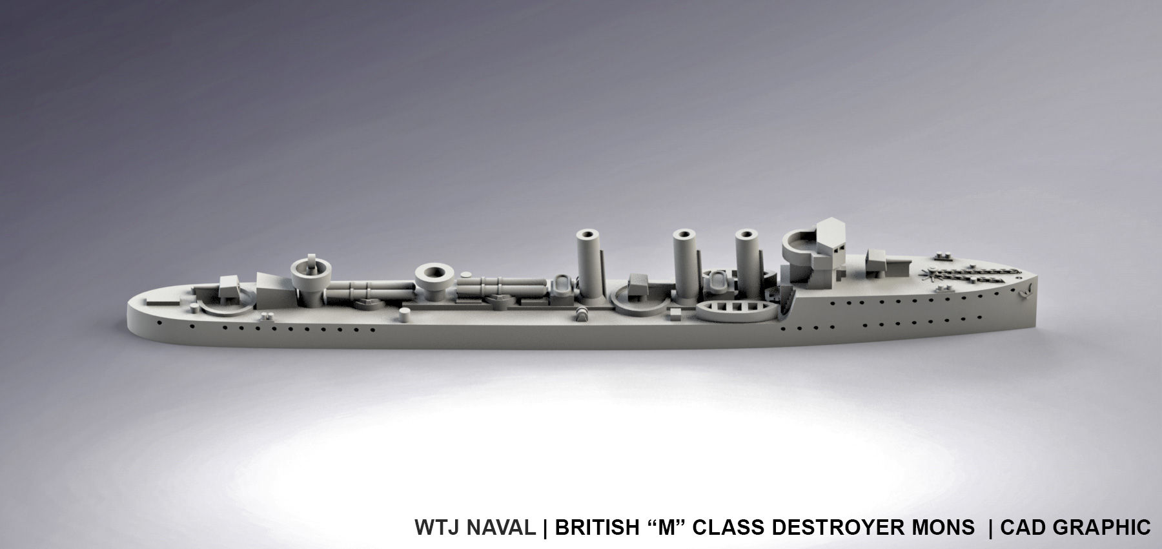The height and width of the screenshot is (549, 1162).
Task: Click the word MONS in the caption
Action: [x=948, y=528]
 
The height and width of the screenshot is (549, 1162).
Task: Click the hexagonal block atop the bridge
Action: [x=831, y=231]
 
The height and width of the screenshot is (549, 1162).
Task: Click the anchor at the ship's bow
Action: [x=1024, y=291]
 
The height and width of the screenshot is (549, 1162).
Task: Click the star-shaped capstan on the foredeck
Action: [x=933, y=276]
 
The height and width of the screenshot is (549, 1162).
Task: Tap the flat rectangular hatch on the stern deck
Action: [x=158, y=302]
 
